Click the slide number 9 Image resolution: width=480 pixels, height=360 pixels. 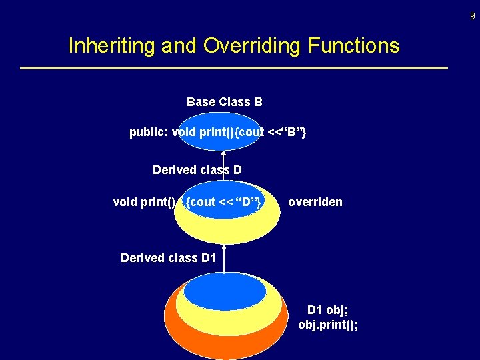pyautogui.click(x=472, y=15)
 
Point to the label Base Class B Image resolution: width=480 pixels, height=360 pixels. pyautogui.click(x=224, y=102)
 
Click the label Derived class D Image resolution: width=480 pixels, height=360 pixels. pyautogui.click(x=197, y=170)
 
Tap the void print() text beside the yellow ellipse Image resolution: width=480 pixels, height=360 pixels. pyautogui.click(x=144, y=202)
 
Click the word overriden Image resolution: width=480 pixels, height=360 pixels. pyautogui.click(x=315, y=202)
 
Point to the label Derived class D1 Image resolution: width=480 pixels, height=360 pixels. pyautogui.click(x=168, y=258)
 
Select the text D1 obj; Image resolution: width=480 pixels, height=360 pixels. pyautogui.click(x=327, y=310)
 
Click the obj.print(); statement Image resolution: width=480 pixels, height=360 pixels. pyautogui.click(x=327, y=325)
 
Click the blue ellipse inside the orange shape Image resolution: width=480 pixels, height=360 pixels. pyautogui.click(x=224, y=291)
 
